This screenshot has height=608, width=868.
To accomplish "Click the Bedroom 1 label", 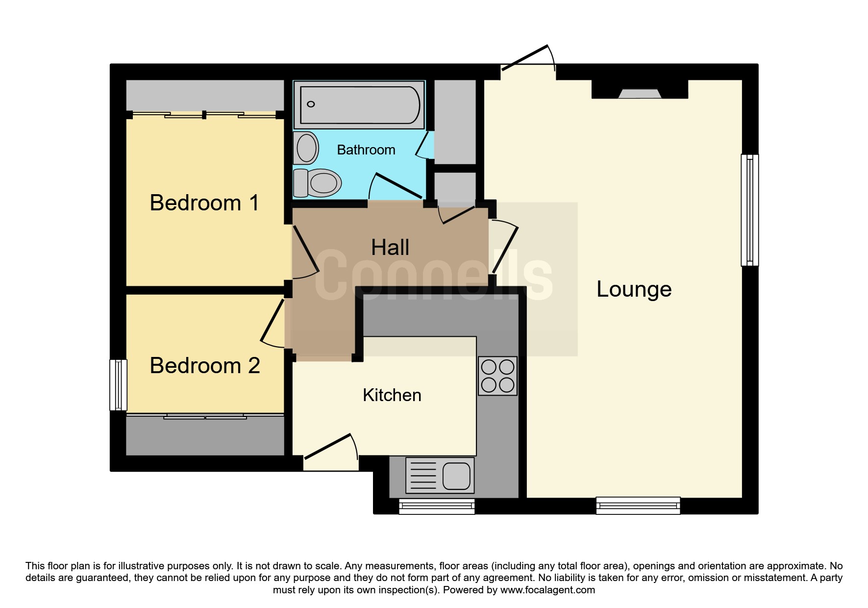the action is click(x=204, y=203).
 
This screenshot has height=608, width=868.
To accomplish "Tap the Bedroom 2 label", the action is click(x=205, y=365).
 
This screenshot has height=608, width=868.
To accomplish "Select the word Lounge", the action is click(x=634, y=289).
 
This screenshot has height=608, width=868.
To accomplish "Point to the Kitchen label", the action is click(x=392, y=395).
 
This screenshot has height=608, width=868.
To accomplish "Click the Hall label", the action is click(x=390, y=247).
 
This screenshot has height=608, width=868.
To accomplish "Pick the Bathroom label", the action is click(x=366, y=150).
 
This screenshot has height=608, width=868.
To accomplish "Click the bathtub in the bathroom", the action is click(x=359, y=105).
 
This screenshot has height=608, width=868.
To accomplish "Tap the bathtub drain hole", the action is click(x=311, y=104).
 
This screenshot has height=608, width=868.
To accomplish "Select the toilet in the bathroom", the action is click(x=317, y=183).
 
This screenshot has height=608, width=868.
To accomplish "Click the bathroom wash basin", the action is click(x=306, y=148).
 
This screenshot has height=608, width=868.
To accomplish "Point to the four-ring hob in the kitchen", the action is click(x=497, y=376).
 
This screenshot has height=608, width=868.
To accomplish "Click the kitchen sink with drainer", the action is click(x=440, y=475).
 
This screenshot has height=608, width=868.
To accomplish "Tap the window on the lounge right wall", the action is click(x=749, y=210).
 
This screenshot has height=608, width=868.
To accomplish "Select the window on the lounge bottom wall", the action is click(x=638, y=506).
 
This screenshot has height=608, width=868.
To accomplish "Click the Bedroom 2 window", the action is click(x=118, y=385).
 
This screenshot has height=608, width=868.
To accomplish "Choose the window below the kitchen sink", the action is click(x=437, y=506).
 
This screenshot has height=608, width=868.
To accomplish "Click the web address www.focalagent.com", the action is click(x=547, y=590).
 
